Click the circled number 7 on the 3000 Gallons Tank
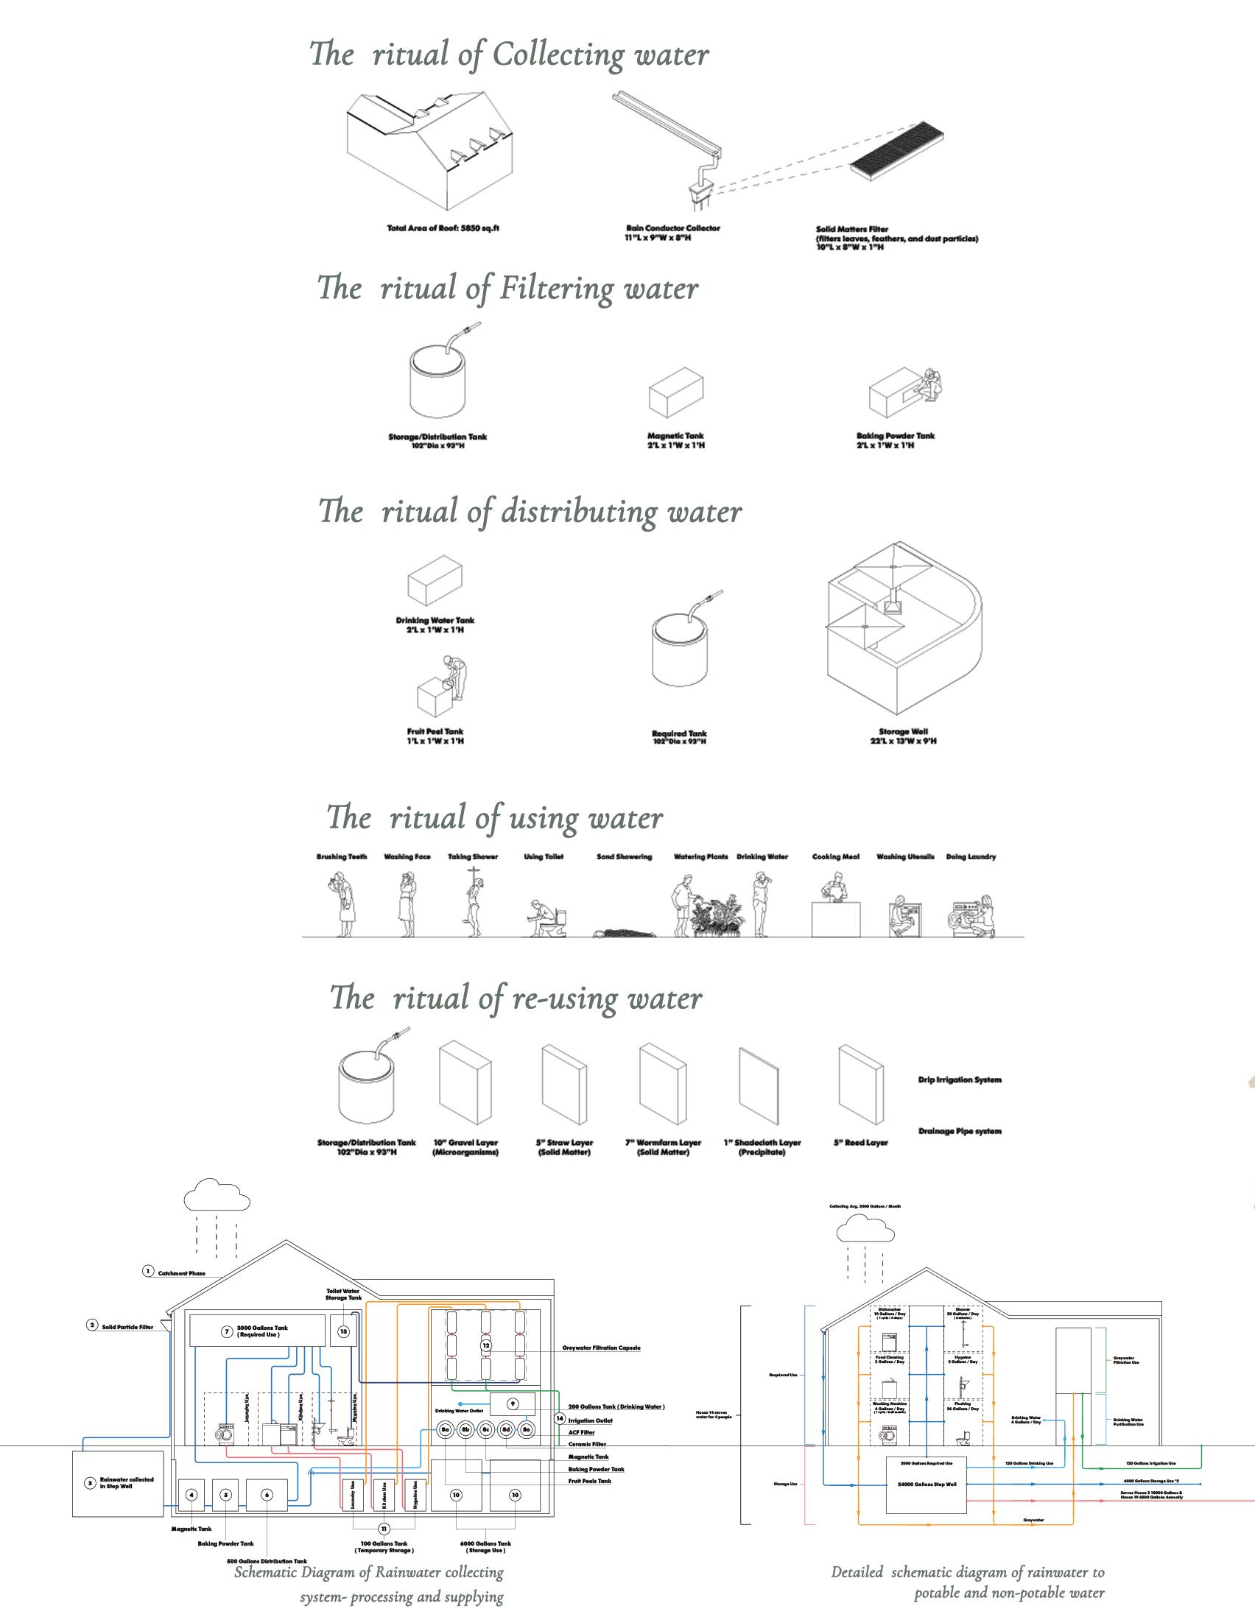(x=227, y=1331)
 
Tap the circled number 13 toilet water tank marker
(x=343, y=1331)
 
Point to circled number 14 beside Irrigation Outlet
(x=559, y=1418)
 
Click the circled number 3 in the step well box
(x=90, y=1484)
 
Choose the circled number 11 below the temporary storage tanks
(x=384, y=1529)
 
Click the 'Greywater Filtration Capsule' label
(x=601, y=1348)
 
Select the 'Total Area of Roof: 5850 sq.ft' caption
(x=443, y=228)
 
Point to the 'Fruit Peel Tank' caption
(x=435, y=731)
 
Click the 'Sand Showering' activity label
(x=624, y=856)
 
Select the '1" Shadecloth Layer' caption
(x=762, y=1142)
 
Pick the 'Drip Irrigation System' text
(x=959, y=1080)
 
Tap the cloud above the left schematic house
(x=216, y=1194)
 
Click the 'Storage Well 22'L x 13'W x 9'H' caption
(x=903, y=736)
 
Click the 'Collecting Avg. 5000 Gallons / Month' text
(x=865, y=1207)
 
